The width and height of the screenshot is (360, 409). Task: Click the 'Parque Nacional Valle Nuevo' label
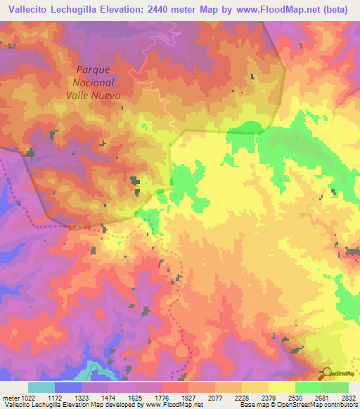coord(98,82)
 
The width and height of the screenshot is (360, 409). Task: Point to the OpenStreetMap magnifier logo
coord(327,372)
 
